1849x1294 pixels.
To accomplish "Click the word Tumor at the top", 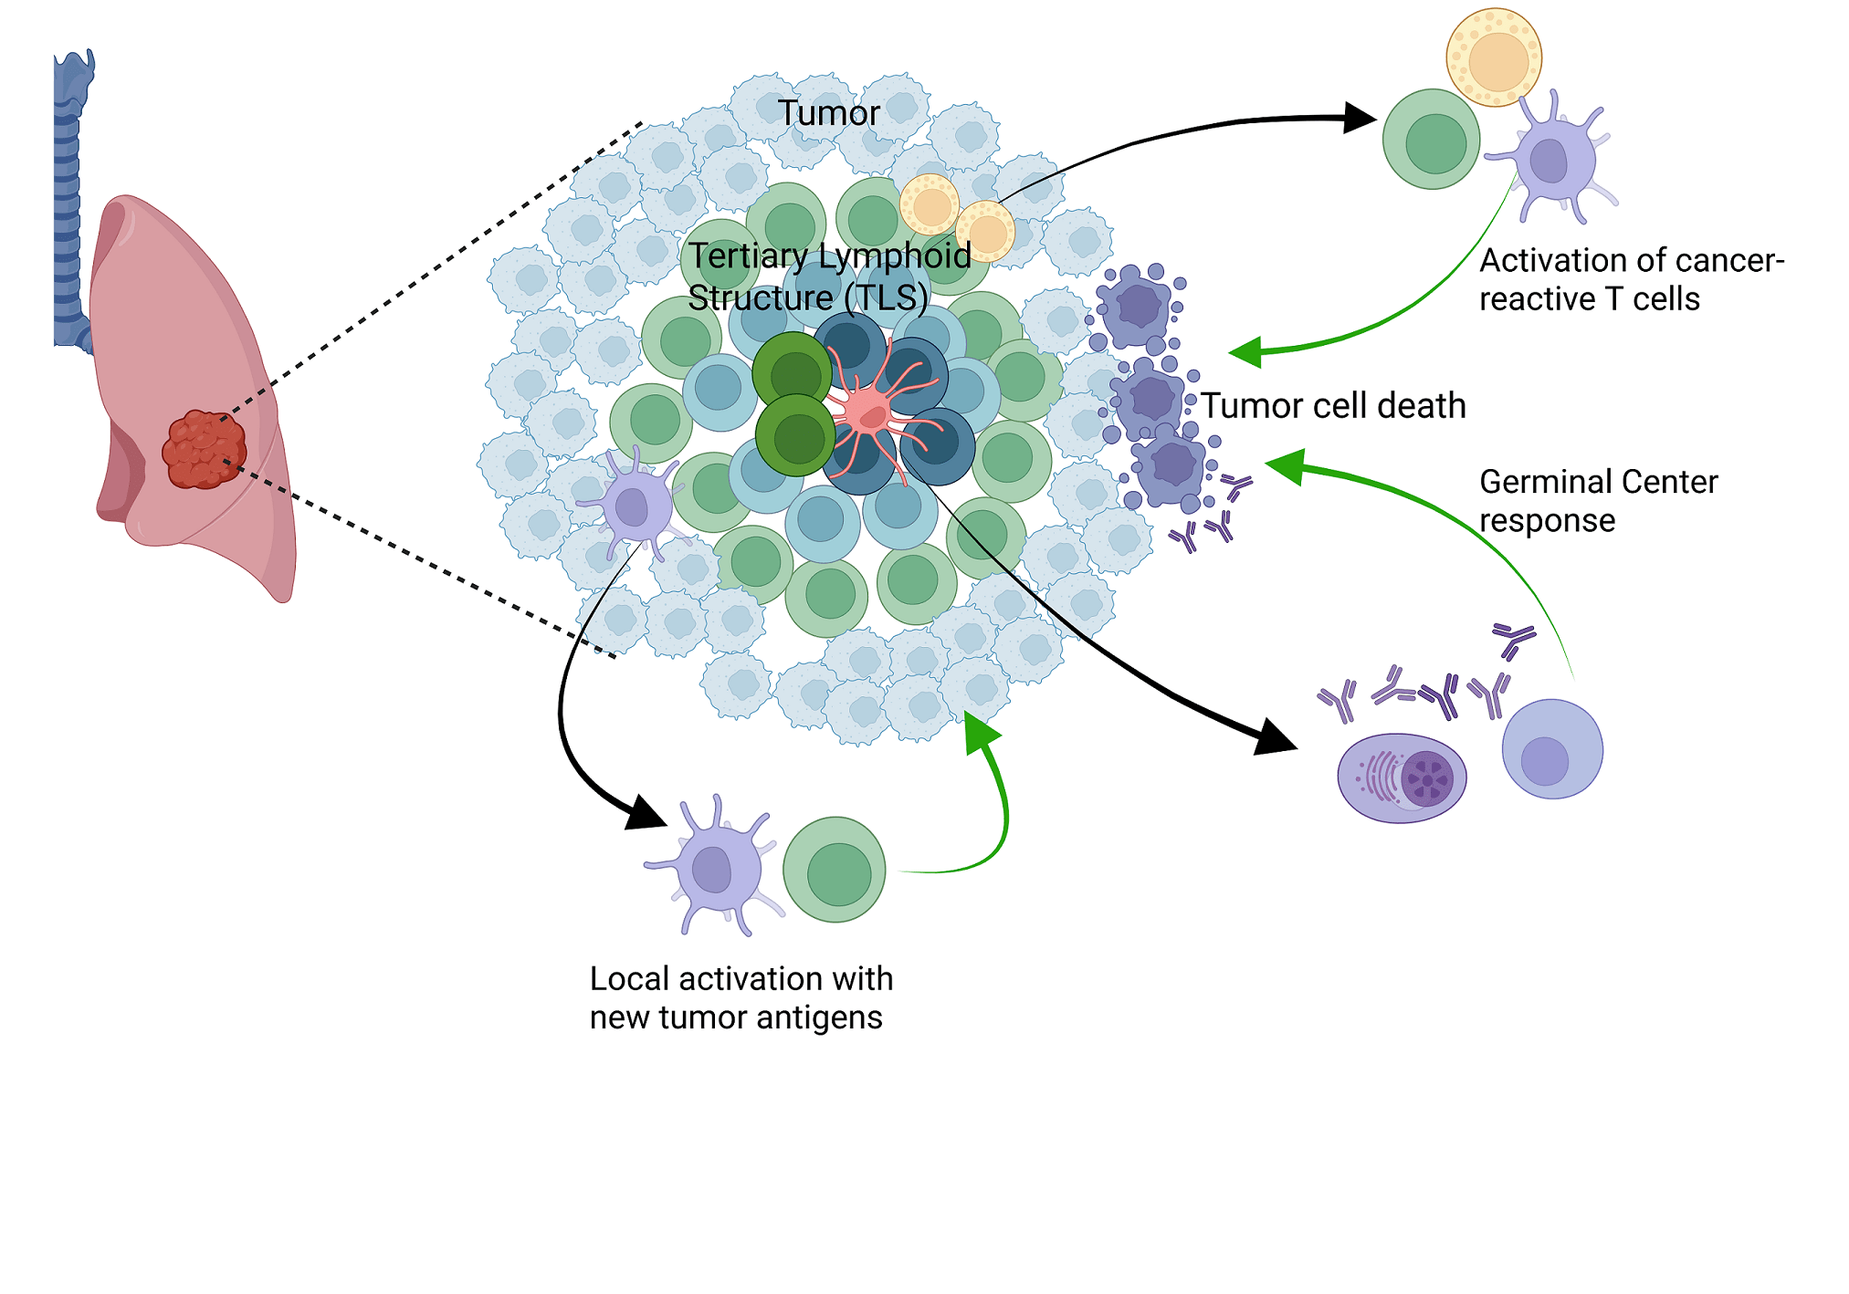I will [828, 113].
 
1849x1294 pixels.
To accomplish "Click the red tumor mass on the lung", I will [204, 449].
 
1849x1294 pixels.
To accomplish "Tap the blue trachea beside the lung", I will [69, 201].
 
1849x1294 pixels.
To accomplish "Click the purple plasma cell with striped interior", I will [1402, 777].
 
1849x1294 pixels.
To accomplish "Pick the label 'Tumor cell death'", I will [1333, 406].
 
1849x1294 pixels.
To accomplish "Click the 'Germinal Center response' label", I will [1598, 500].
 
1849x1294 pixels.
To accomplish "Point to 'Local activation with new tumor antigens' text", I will [741, 997].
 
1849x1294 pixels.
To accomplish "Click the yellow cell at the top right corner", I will [1494, 57].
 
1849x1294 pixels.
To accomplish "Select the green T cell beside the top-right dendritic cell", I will [1432, 140].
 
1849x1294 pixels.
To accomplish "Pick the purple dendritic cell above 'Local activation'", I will [715, 867].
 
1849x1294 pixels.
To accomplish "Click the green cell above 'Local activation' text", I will [835, 870].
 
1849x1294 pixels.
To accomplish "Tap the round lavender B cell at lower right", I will [1552, 749].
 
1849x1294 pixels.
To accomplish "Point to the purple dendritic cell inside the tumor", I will [633, 505].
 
